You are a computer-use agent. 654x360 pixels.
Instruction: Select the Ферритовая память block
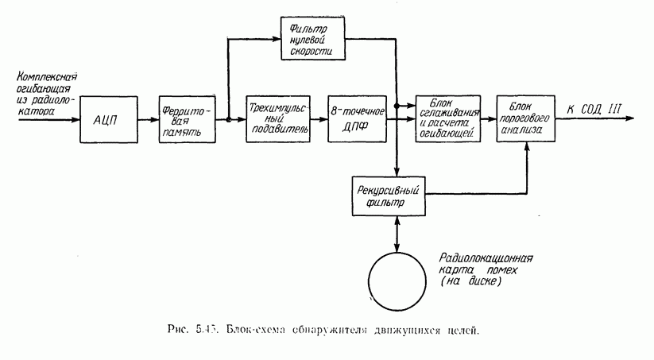click(x=187, y=120)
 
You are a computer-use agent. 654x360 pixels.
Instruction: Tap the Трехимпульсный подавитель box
click(x=277, y=119)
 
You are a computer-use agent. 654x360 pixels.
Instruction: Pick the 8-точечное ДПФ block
click(x=358, y=119)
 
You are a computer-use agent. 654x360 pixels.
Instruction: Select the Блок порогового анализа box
click(x=525, y=119)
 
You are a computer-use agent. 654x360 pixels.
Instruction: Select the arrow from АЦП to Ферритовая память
click(x=147, y=120)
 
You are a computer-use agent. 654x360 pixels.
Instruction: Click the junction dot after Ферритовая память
click(x=227, y=120)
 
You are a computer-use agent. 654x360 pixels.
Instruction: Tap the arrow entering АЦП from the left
click(x=48, y=120)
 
